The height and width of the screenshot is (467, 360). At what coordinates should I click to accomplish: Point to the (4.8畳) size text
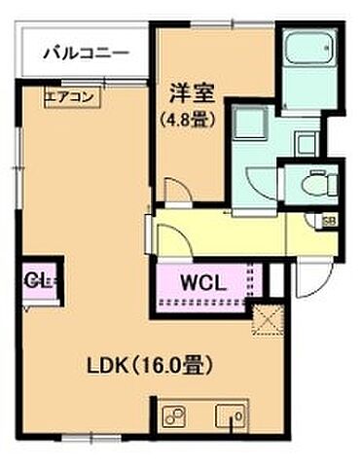188,120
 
